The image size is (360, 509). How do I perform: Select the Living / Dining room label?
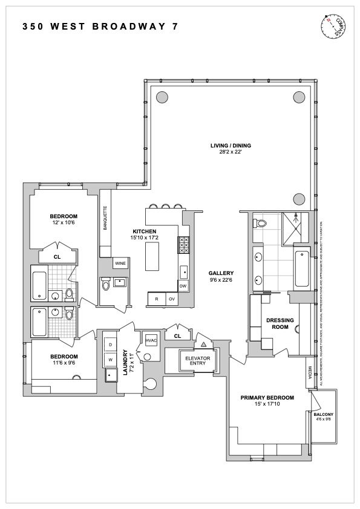click(231, 145)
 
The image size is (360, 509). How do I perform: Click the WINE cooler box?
click(120, 264)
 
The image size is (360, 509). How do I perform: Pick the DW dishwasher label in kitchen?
click(183, 286)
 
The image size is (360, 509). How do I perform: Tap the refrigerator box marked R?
click(157, 299)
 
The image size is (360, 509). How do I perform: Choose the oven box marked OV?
click(172, 299)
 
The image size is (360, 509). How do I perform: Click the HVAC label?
click(151, 341)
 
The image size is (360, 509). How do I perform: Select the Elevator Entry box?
click(195, 360)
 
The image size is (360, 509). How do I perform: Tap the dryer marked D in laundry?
click(111, 345)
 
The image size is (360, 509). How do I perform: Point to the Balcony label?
click(324, 414)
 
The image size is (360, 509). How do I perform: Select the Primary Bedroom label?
click(267, 397)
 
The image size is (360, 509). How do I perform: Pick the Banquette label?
click(105, 218)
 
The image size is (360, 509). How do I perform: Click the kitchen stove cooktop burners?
click(183, 245)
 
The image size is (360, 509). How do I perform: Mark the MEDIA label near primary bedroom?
click(310, 375)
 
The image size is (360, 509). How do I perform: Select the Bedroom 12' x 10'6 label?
click(63, 219)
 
